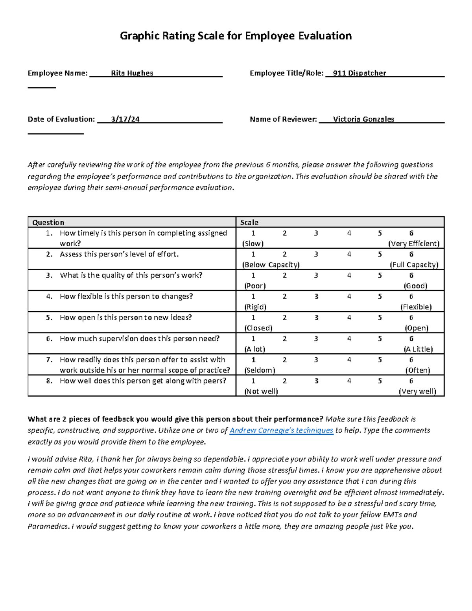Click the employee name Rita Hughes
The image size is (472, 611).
click(132, 73)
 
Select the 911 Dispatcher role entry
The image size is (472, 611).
click(359, 73)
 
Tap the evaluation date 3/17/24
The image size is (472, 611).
click(125, 119)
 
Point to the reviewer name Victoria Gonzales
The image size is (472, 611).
click(363, 119)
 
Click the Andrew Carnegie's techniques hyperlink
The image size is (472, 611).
click(281, 430)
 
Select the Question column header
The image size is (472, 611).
click(48, 222)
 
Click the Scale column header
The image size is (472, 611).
click(249, 222)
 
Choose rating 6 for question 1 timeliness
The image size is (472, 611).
click(411, 233)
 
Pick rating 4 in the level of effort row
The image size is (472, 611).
click(349, 255)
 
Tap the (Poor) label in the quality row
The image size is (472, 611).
click(255, 286)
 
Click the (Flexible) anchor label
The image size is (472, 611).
click(416, 307)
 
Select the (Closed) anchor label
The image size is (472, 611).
click(258, 328)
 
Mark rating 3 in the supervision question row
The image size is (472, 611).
click(316, 339)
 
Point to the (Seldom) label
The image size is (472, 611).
click(260, 370)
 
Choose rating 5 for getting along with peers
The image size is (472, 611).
click(380, 381)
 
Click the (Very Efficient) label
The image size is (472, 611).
click(414, 244)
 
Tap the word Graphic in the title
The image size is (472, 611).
click(140, 36)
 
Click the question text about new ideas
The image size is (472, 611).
click(125, 317)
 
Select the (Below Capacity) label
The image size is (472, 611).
click(271, 265)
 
